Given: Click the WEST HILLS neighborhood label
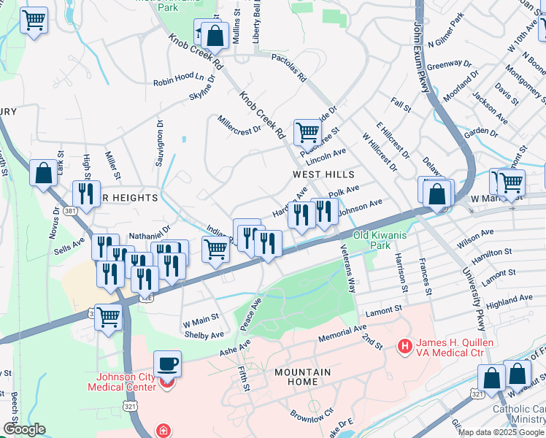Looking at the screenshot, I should click(323, 175).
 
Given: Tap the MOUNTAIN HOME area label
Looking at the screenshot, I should click(302, 377).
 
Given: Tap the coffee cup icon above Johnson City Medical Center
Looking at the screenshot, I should click(168, 363).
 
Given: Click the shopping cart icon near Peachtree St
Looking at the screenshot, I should click(308, 132).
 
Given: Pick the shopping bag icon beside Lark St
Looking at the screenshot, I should click(44, 173).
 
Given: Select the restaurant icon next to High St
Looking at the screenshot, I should click(87, 193).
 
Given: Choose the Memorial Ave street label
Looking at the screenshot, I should click(342, 334).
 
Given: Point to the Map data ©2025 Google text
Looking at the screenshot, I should click(501, 432).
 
